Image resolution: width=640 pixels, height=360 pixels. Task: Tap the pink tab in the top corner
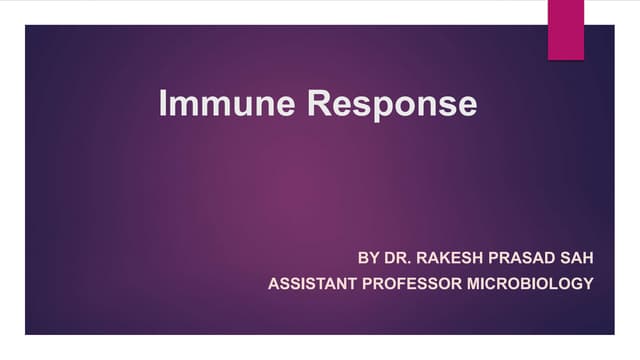point(565,28)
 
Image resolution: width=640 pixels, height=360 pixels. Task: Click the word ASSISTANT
point(312,284)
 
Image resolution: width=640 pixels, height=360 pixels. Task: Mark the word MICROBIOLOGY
point(531,284)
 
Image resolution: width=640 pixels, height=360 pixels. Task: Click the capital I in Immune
point(163,103)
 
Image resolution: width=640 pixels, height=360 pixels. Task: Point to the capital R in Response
point(319,103)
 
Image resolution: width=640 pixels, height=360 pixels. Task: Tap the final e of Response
point(466,105)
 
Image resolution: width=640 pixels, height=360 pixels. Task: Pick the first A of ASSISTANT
point(273,284)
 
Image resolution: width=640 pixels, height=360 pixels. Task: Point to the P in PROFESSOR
point(366,284)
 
